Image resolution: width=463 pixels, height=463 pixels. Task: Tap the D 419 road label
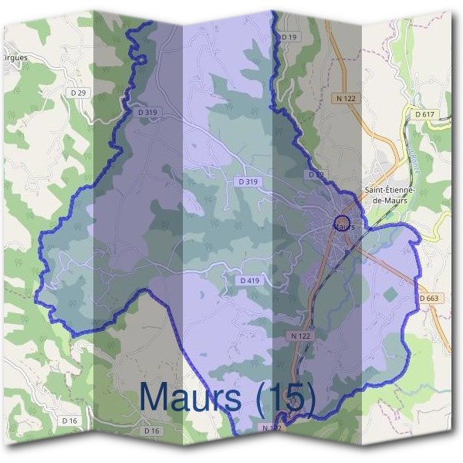pyautogui.click(x=250, y=281)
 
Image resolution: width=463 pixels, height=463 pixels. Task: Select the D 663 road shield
pyautogui.click(x=431, y=299)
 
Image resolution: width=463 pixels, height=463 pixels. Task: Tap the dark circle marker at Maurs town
pyautogui.click(x=343, y=224)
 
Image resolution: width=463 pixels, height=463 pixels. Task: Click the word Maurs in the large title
pyautogui.click(x=191, y=397)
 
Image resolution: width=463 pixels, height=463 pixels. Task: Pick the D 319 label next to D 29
pyautogui.click(x=147, y=112)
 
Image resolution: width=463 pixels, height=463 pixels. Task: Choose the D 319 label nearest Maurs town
pyautogui.click(x=248, y=182)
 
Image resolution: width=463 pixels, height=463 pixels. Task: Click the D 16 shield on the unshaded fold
pyautogui.click(x=69, y=421)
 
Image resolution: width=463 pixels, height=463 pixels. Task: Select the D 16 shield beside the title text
pyautogui.click(x=151, y=430)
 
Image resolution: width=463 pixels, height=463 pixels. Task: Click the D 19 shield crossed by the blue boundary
pyautogui.click(x=316, y=175)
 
